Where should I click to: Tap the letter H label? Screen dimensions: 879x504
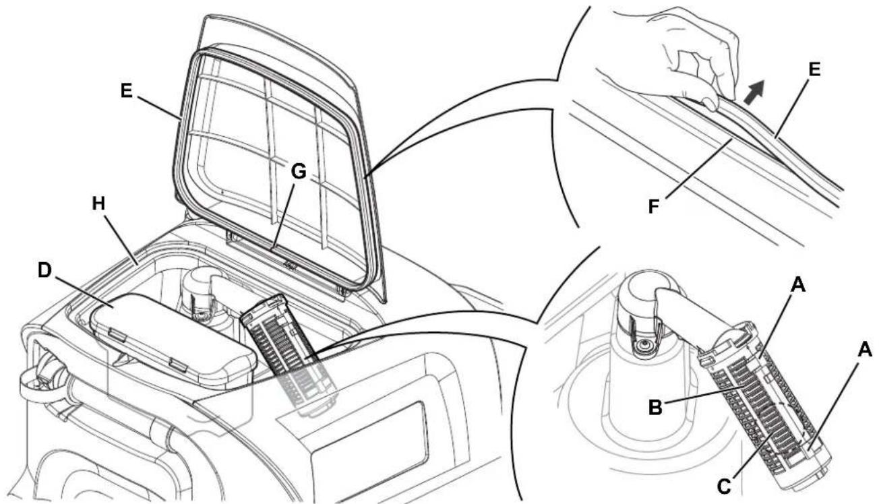click(99, 204)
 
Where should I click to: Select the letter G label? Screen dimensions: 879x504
click(299, 171)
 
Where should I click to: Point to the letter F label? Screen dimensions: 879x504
click(653, 206)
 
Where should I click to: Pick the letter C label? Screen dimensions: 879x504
click(724, 486)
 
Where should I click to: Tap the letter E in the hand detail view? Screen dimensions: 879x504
click(815, 70)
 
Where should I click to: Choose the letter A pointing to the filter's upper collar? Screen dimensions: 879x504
click(797, 285)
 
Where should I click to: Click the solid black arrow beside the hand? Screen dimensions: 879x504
click(755, 92)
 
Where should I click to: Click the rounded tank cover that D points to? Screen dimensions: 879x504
click(173, 338)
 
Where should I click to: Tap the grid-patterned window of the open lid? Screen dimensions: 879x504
click(275, 168)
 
